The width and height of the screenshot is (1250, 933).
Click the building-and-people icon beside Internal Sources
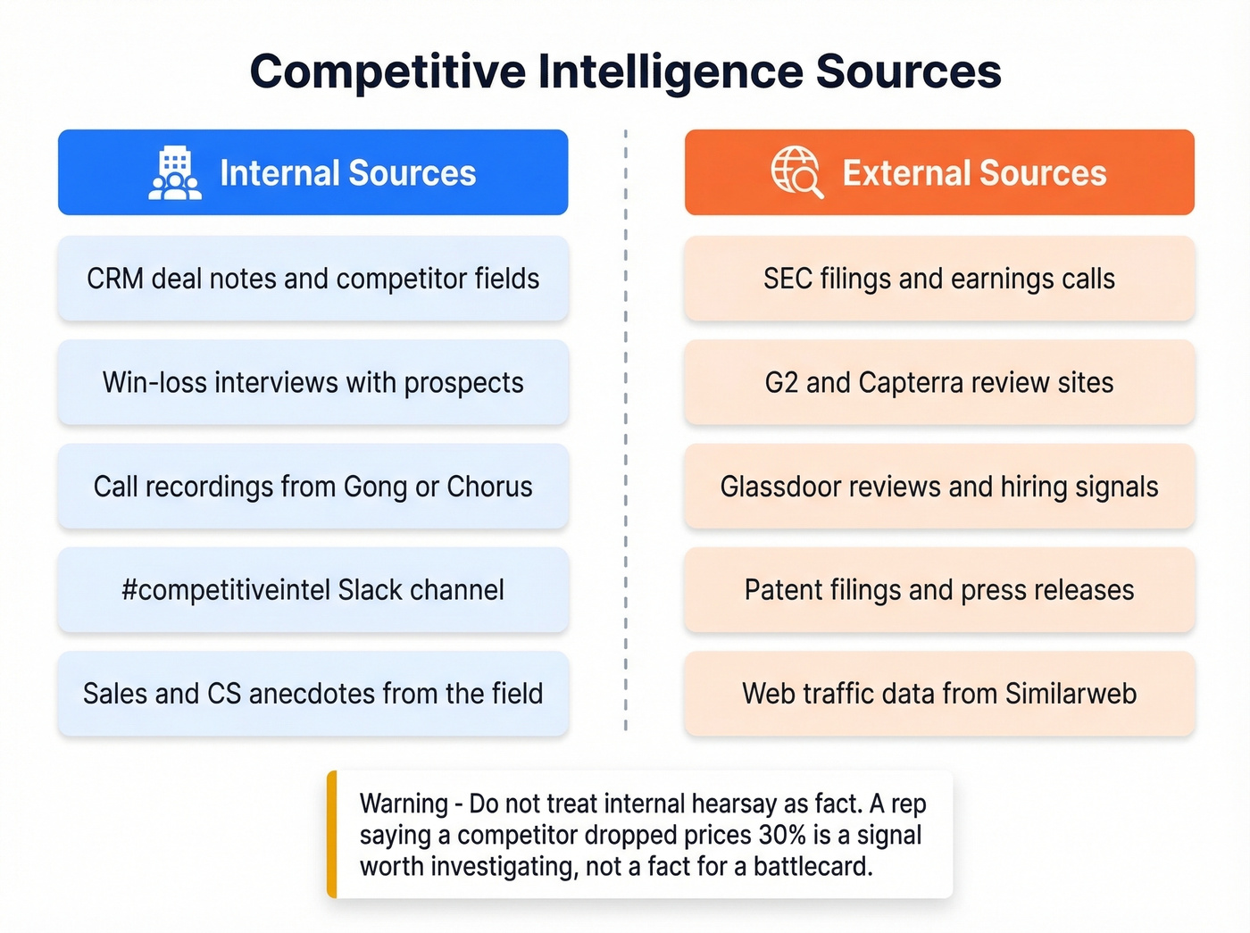point(175,173)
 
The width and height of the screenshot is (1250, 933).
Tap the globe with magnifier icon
point(796,171)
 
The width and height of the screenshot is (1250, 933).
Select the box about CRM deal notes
point(312,279)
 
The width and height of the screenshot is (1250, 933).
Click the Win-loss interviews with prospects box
point(312,382)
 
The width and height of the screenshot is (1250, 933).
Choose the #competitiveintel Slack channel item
point(312,590)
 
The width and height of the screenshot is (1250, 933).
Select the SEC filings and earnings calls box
point(939,279)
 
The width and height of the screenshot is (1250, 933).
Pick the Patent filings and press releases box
point(939,590)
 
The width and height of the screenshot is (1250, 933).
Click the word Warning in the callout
point(404,804)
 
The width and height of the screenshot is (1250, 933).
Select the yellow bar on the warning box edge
point(332,834)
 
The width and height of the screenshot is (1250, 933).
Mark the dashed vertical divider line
point(625,429)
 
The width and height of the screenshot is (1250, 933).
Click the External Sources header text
point(974,173)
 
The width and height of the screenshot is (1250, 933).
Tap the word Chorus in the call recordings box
point(489,487)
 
